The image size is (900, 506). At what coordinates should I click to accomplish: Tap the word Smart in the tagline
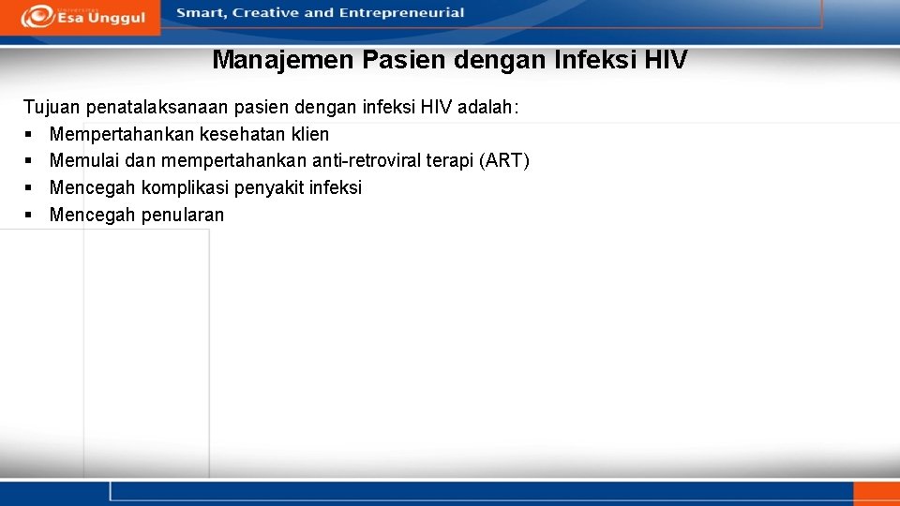pos(200,13)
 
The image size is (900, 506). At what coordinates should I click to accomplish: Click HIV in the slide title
pos(666,60)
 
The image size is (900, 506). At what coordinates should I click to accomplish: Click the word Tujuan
pos(52,108)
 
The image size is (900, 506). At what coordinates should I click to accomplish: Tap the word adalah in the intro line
pos(504,108)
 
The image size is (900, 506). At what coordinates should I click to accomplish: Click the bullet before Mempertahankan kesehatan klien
pos(27,135)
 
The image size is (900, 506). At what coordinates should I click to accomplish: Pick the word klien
pos(308,134)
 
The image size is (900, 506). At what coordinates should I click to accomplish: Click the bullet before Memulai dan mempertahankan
pos(27,162)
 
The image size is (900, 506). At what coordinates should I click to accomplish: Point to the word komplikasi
pos(186,187)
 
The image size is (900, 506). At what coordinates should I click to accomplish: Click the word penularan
pos(183,215)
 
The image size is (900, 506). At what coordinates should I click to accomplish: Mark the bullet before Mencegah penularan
pos(27,216)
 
